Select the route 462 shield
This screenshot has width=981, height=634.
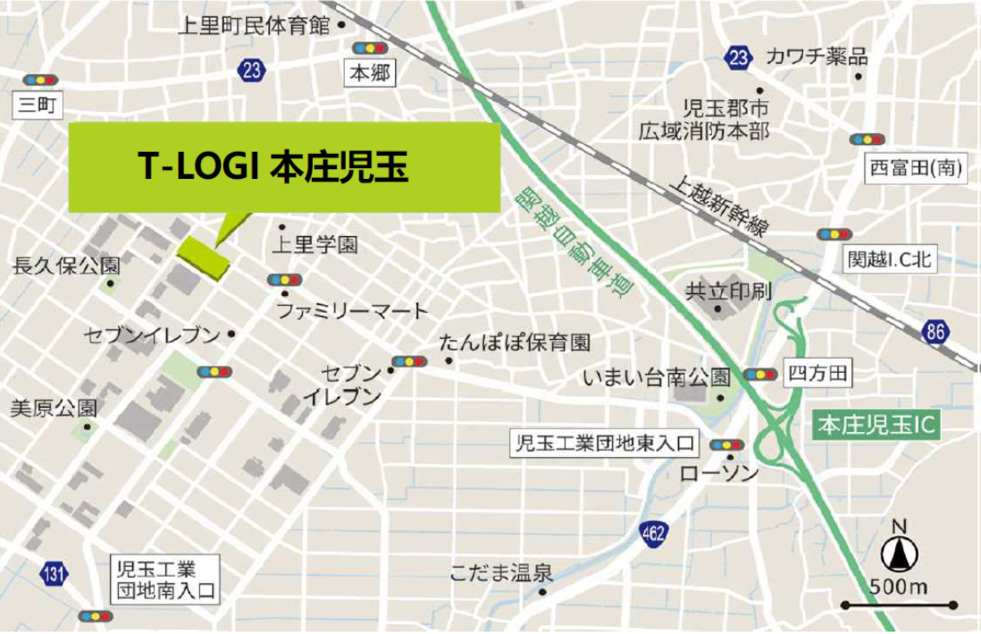pos(654,535)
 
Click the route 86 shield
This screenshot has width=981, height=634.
pos(935,333)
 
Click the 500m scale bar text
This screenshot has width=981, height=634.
pos(898,588)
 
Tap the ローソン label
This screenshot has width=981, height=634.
pos(719,472)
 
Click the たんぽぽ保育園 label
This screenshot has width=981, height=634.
pos(516,342)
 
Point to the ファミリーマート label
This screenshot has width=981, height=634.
pos(352,311)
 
